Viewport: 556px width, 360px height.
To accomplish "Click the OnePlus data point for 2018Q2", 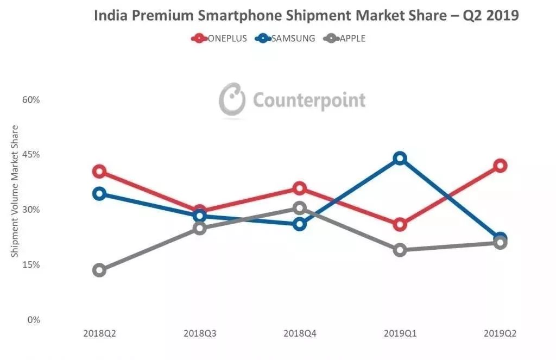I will pos(99,172).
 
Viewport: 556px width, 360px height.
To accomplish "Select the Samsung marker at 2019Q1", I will pos(400,159).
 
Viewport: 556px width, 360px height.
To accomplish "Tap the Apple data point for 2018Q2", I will pos(99,270).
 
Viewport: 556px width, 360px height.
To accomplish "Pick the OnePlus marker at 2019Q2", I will pos(500,166).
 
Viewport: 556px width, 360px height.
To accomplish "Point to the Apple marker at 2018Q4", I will pos(300,208).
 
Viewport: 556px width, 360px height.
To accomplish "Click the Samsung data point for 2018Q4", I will pos(300,224).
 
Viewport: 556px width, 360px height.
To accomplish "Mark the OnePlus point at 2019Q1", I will pos(400,224).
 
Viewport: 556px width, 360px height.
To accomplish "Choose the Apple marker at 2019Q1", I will pos(400,250).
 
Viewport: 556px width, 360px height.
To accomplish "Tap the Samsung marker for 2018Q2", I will pos(99,194).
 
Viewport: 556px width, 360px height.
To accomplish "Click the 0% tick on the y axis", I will pos(34,320).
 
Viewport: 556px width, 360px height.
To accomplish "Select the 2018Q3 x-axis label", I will pos(200,333).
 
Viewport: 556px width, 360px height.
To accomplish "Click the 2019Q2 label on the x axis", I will pos(500,333).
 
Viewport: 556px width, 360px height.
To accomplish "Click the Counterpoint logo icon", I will pos(232,99).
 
